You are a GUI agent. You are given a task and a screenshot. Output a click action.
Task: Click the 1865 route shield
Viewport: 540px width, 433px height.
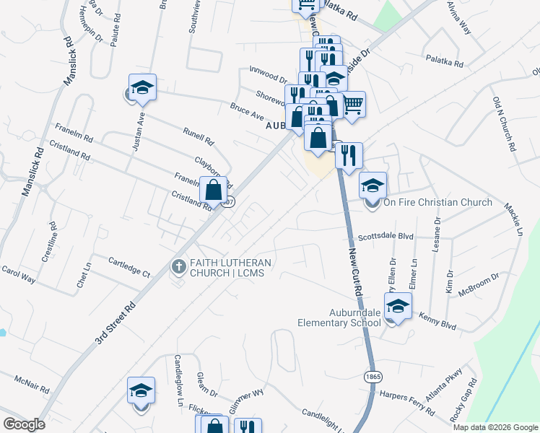click(x=373, y=377)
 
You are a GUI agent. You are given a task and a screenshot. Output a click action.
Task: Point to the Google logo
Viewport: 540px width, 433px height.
click(x=24, y=424)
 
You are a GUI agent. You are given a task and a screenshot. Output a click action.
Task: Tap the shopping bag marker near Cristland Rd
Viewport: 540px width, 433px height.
click(x=213, y=191)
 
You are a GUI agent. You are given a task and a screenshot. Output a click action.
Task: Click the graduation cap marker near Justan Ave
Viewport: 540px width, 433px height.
click(x=143, y=88)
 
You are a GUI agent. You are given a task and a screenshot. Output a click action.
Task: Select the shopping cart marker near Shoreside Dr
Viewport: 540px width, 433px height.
click(x=352, y=104)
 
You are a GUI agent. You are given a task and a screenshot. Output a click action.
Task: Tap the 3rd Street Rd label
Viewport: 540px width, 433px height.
click(x=115, y=318)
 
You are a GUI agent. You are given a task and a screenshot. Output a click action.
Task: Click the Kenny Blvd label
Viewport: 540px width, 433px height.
click(x=439, y=322)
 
